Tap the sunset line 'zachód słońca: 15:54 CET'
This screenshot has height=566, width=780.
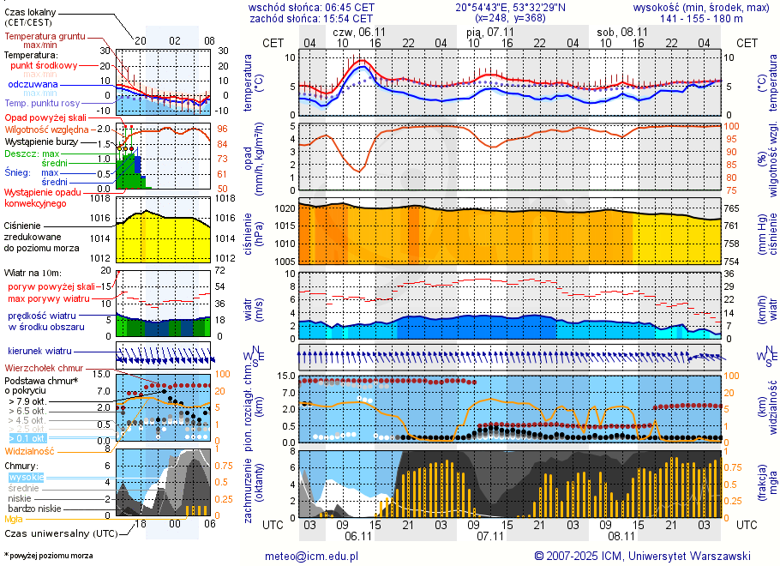[310, 17]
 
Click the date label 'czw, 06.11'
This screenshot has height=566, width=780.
[358, 30]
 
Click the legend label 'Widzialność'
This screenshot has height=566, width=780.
[29, 450]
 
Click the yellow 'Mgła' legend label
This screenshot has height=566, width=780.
[14, 519]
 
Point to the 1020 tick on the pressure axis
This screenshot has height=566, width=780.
[284, 208]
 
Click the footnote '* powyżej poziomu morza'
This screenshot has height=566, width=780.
[48, 556]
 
